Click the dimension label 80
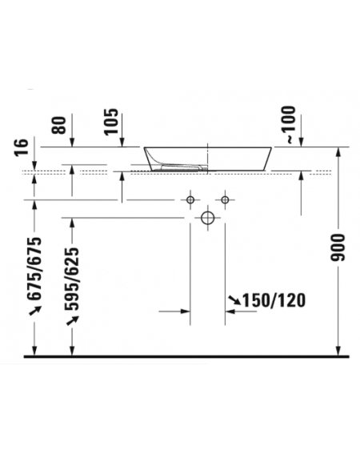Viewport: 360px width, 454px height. [58, 125]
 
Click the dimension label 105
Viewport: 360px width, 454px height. [111, 122]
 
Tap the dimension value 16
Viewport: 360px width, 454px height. [22, 147]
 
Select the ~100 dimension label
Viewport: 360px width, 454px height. [290, 125]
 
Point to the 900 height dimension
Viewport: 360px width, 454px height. [338, 247]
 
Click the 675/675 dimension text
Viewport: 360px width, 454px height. [34, 269]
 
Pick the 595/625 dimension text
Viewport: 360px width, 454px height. [71, 279]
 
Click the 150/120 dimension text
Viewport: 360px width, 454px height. [274, 300]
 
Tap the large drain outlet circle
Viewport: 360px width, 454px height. [207, 218]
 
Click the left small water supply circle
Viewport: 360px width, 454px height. [190, 200]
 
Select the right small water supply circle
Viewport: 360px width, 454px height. [225, 200]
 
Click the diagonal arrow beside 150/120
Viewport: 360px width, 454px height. [234, 300]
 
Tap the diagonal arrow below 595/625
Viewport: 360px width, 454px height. [72, 320]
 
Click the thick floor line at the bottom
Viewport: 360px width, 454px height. [186, 357]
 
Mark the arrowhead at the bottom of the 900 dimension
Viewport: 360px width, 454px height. [338, 351]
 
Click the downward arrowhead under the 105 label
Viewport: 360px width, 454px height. [122, 143]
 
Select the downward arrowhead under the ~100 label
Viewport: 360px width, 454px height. [302, 143]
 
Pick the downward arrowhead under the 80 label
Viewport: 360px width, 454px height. [72, 143]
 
